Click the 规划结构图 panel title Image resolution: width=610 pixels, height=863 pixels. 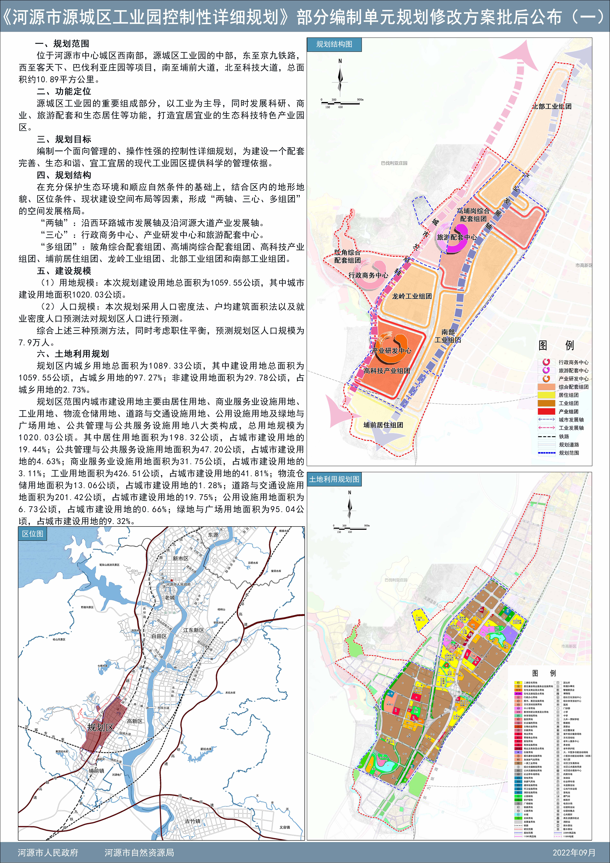(334, 44)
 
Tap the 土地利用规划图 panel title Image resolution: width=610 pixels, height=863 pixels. (334, 479)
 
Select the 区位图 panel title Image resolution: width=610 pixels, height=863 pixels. (33, 534)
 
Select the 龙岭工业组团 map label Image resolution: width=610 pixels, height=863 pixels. (412, 296)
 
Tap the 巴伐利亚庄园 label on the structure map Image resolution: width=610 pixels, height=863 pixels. (394, 163)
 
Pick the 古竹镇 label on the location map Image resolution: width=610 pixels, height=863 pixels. (193, 821)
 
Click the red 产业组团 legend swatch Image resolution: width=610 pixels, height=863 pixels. (546, 412)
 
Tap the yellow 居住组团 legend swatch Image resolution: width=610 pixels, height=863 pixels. (546, 395)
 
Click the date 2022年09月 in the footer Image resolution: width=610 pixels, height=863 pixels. (574, 853)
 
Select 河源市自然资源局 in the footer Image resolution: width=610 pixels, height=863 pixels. (139, 853)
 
